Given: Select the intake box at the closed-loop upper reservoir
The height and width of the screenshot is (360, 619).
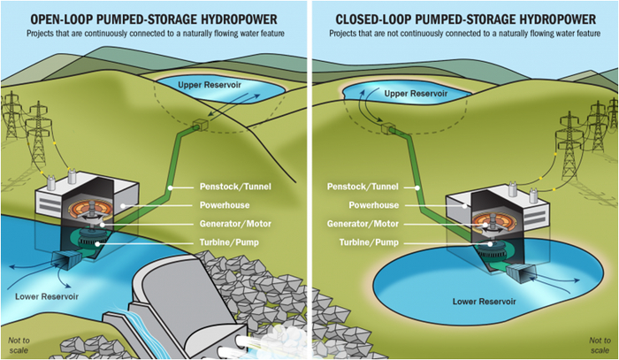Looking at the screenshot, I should tap(387, 130).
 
